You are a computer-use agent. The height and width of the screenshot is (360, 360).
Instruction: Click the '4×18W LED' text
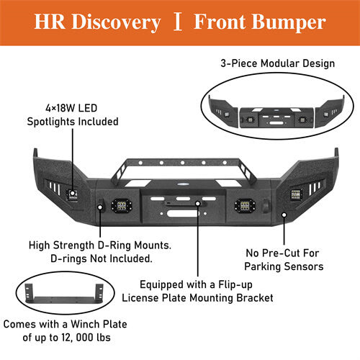point(70,109)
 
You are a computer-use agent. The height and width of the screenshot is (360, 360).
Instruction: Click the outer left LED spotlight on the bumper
point(73,194)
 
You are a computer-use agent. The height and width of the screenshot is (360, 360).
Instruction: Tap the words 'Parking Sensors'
point(284,266)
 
